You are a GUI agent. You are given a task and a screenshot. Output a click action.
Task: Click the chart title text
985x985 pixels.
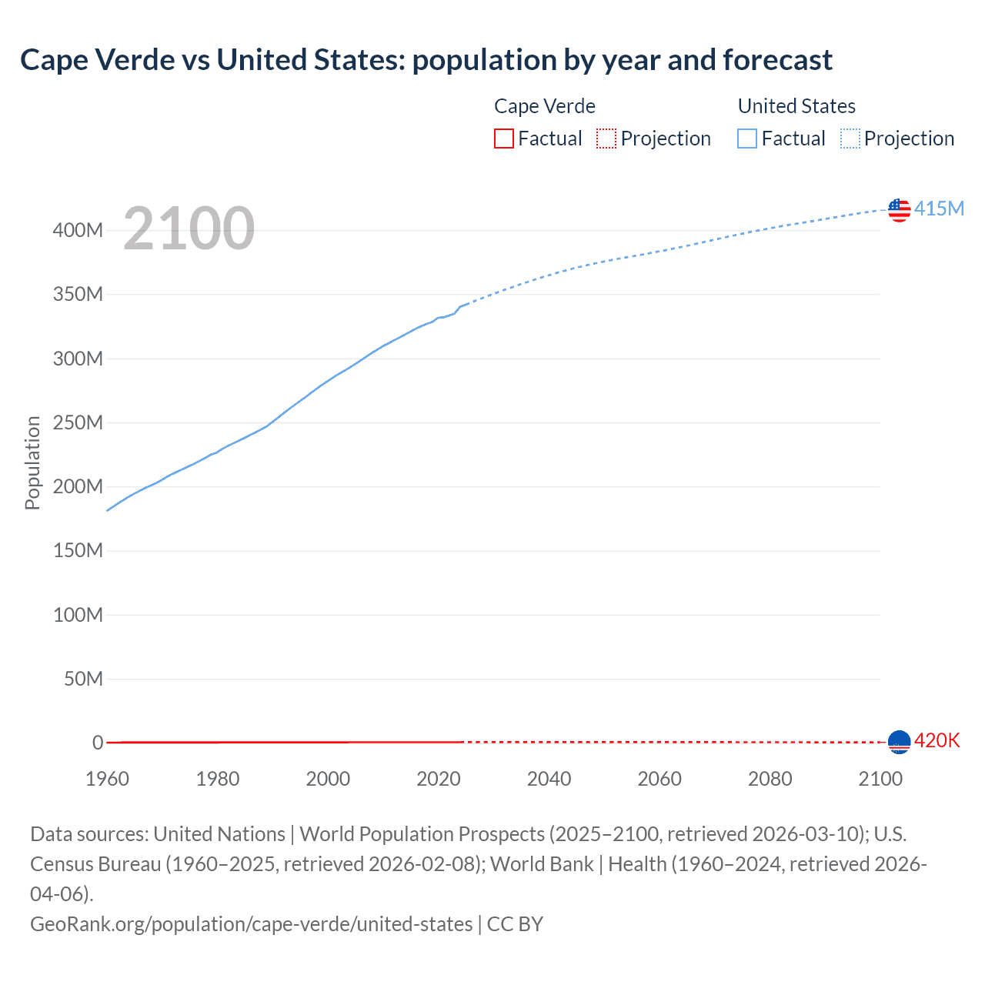click(426, 60)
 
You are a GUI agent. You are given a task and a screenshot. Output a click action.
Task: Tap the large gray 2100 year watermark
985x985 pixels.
click(189, 229)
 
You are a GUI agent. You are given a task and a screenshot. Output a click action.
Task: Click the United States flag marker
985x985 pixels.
click(899, 209)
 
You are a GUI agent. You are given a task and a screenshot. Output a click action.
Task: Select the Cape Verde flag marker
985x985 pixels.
click(899, 741)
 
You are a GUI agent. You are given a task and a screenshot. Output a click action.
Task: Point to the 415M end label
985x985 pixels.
click(939, 209)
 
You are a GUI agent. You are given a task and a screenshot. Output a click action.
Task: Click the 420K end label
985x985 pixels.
click(937, 740)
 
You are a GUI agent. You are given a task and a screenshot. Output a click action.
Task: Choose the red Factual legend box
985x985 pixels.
click(504, 139)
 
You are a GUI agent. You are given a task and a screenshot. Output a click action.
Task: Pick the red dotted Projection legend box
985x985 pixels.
click(606, 139)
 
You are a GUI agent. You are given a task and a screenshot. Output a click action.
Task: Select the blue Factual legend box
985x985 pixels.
click(747, 139)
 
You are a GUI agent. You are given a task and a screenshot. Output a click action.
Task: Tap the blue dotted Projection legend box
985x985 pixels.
click(850, 139)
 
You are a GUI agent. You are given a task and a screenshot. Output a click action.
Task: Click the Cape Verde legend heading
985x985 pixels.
click(544, 106)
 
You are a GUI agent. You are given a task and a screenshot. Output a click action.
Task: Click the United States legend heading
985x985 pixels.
click(796, 106)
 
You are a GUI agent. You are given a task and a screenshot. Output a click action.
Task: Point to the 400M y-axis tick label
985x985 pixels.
click(78, 230)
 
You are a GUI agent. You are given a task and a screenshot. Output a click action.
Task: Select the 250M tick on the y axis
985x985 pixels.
click(78, 422)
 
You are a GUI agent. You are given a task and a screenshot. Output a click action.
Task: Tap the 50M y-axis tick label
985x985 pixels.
click(83, 679)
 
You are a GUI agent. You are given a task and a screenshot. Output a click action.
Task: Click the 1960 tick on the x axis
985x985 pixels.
click(107, 779)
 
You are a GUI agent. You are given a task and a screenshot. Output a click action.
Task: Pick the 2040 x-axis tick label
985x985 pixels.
click(549, 779)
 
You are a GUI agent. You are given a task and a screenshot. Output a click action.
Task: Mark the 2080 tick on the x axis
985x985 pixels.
click(770, 779)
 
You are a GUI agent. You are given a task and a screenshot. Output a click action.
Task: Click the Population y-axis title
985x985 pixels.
click(32, 462)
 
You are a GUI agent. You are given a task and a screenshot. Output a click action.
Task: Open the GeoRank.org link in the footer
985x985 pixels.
click(251, 924)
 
